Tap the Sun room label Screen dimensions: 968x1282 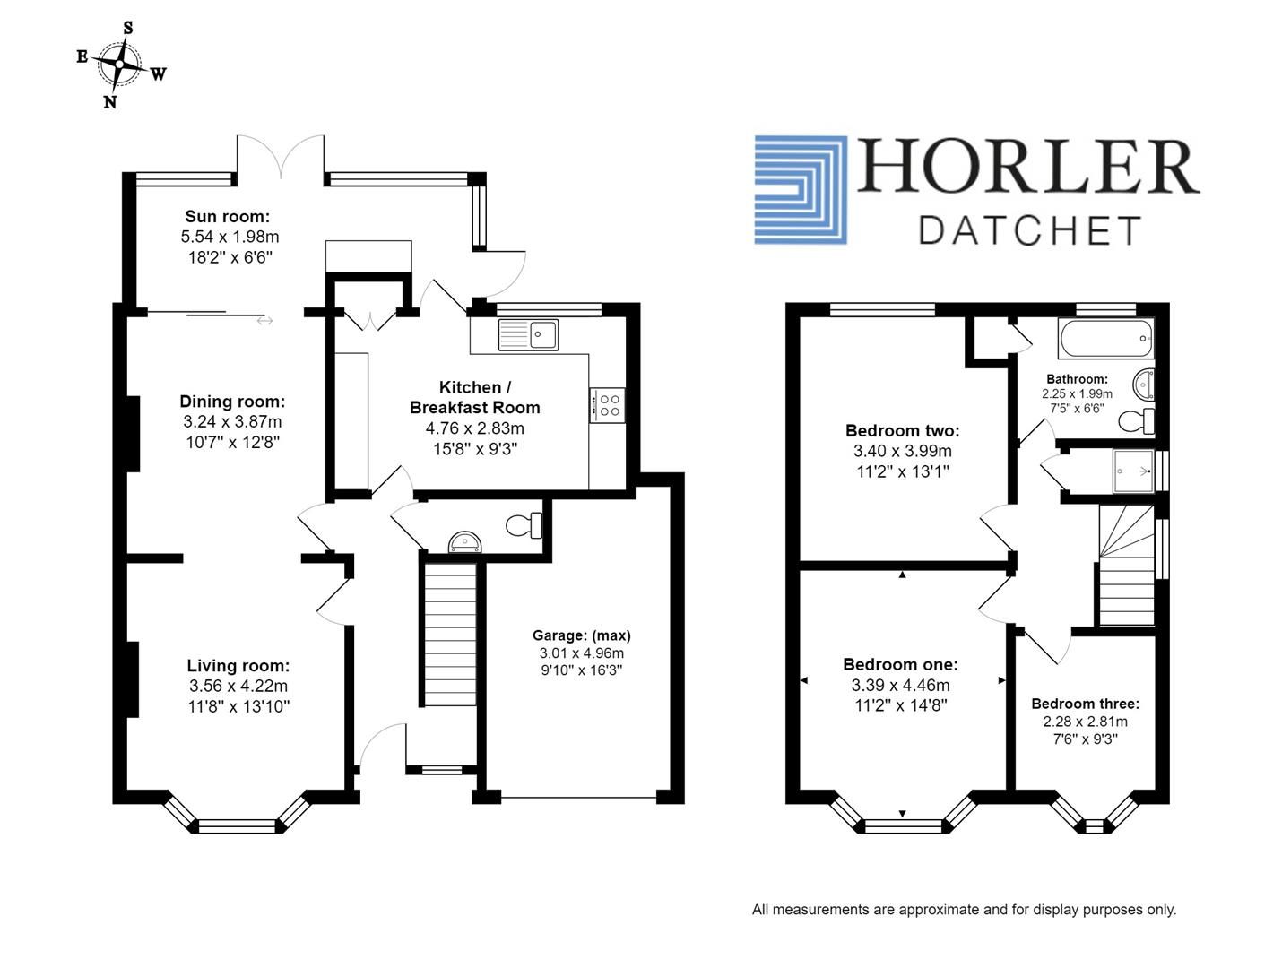(x=227, y=216)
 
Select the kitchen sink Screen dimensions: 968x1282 (x=528, y=334)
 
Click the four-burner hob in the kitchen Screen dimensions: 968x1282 (x=607, y=404)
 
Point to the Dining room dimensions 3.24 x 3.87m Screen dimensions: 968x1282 (x=232, y=422)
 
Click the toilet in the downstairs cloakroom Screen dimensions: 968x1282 (x=524, y=524)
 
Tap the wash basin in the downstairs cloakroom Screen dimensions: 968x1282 (x=464, y=541)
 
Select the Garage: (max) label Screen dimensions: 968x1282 (x=581, y=635)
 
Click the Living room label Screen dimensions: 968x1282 (x=238, y=666)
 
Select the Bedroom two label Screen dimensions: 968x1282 (x=902, y=431)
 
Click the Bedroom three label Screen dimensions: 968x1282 (x=1085, y=704)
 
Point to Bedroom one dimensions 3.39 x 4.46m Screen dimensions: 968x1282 (x=900, y=686)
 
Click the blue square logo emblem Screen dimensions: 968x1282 (x=800, y=190)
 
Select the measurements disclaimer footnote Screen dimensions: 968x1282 (x=964, y=910)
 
